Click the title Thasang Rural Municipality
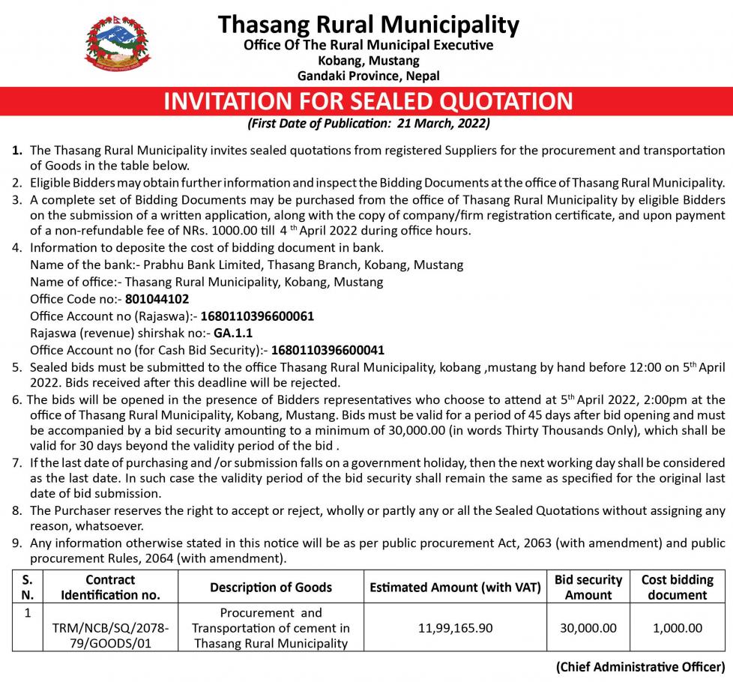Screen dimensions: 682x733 click(x=368, y=24)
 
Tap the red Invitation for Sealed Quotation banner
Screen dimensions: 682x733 click(x=368, y=101)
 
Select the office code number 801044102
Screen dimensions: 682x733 click(x=157, y=298)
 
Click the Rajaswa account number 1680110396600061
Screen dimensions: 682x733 click(x=257, y=316)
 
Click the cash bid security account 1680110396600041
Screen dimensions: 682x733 click(x=328, y=349)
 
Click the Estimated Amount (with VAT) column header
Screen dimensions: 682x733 click(x=455, y=588)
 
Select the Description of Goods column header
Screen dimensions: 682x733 click(x=271, y=588)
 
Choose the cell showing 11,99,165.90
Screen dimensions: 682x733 click(x=455, y=627)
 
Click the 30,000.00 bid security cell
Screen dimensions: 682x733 click(x=588, y=627)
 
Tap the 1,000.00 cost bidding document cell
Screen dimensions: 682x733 click(x=677, y=627)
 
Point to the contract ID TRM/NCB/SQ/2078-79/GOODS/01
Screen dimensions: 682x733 click(x=110, y=635)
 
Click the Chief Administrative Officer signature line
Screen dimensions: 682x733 click(x=640, y=666)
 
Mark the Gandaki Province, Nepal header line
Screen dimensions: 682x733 click(x=368, y=76)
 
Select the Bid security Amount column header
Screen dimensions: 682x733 click(x=588, y=588)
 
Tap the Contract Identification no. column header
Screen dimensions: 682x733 click(x=110, y=588)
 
